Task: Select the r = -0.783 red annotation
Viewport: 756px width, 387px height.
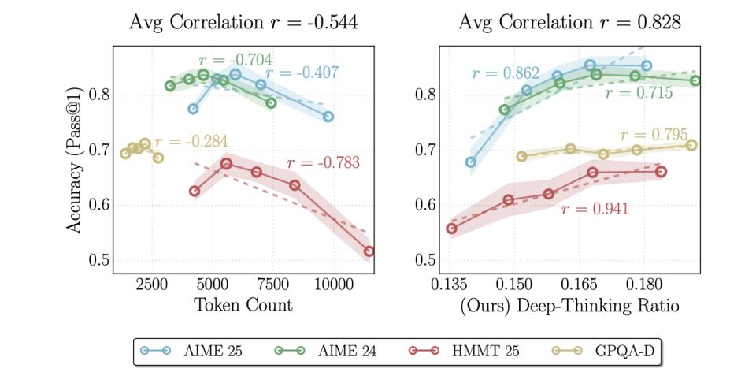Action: tap(323, 164)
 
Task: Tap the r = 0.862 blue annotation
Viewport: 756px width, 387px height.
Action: tap(505, 75)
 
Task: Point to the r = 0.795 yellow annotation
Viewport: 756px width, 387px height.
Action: tap(654, 135)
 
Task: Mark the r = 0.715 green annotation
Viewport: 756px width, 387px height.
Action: tap(639, 94)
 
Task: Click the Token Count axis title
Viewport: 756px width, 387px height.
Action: tap(243, 306)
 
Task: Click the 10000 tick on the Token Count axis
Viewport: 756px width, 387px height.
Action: tap(333, 285)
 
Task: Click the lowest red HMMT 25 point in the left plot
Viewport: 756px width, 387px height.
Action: tap(369, 251)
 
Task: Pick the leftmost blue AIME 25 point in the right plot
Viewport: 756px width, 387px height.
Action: tap(471, 162)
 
